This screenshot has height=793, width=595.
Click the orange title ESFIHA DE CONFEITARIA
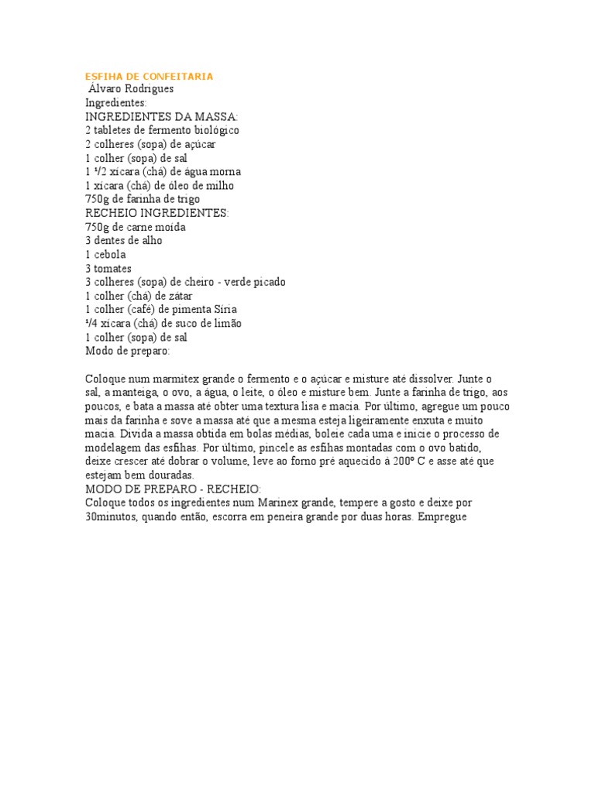point(149,77)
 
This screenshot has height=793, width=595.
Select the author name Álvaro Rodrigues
point(131,89)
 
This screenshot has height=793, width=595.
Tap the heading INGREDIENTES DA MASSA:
point(156,116)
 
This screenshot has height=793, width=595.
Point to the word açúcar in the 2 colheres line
point(199,144)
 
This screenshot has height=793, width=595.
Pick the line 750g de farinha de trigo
point(143,199)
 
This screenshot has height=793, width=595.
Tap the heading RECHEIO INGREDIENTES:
point(157,213)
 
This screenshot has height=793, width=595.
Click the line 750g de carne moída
point(136,227)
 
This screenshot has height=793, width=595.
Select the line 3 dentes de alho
point(124,241)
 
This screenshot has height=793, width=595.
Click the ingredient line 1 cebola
point(105,255)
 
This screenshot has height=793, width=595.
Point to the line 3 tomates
point(108,269)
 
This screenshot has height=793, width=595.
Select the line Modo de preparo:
point(127,351)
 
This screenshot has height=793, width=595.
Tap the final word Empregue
point(442,517)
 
